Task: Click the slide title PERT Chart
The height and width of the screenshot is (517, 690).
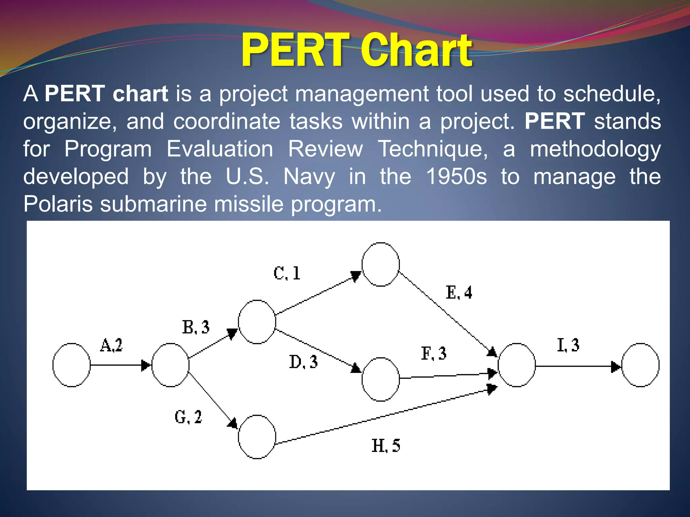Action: click(356, 50)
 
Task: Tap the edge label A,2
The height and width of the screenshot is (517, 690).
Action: click(112, 345)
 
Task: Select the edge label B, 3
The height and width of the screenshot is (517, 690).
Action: click(196, 327)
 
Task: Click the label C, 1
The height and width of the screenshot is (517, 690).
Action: click(287, 273)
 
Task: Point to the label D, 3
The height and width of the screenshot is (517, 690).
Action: click(303, 362)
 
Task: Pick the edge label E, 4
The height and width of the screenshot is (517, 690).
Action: click(459, 292)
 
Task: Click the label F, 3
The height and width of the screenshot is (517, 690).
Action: click(434, 354)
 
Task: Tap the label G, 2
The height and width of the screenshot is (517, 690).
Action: click(188, 417)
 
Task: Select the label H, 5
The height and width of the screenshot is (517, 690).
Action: click(386, 446)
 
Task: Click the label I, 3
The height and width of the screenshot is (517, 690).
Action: click(568, 345)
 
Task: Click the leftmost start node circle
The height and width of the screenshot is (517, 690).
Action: click(71, 365)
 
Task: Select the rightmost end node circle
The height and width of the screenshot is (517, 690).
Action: click(640, 365)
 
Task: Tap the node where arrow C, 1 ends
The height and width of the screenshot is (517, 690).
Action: click(381, 265)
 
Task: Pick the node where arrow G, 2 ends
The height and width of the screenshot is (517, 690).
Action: click(257, 437)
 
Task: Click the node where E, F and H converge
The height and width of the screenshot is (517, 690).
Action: click(516, 365)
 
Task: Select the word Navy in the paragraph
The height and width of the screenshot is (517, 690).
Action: click(309, 177)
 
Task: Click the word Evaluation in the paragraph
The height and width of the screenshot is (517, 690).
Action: click(220, 149)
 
